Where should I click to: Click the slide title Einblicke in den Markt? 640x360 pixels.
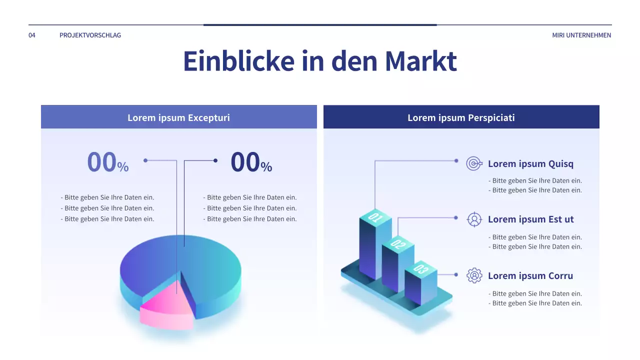click(320, 61)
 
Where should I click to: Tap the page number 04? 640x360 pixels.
click(32, 35)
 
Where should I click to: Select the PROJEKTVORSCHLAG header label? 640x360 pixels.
click(90, 35)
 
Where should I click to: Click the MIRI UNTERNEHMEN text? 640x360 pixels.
click(581, 35)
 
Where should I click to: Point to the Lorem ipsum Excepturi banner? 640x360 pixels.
click(178, 118)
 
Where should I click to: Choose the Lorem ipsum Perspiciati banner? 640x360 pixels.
click(461, 118)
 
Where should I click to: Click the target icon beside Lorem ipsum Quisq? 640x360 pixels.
click(473, 163)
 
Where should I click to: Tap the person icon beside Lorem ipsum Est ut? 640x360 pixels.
click(474, 219)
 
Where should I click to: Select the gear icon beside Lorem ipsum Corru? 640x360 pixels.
click(474, 275)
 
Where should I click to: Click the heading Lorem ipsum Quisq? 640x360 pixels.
click(530, 164)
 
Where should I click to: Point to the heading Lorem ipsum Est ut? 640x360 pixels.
click(530, 219)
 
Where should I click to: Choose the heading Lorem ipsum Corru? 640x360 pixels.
click(530, 276)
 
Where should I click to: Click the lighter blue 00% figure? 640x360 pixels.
click(107, 162)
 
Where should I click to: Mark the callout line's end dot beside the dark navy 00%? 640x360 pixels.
click(215, 160)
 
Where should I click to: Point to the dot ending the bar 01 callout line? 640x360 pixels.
click(456, 160)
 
